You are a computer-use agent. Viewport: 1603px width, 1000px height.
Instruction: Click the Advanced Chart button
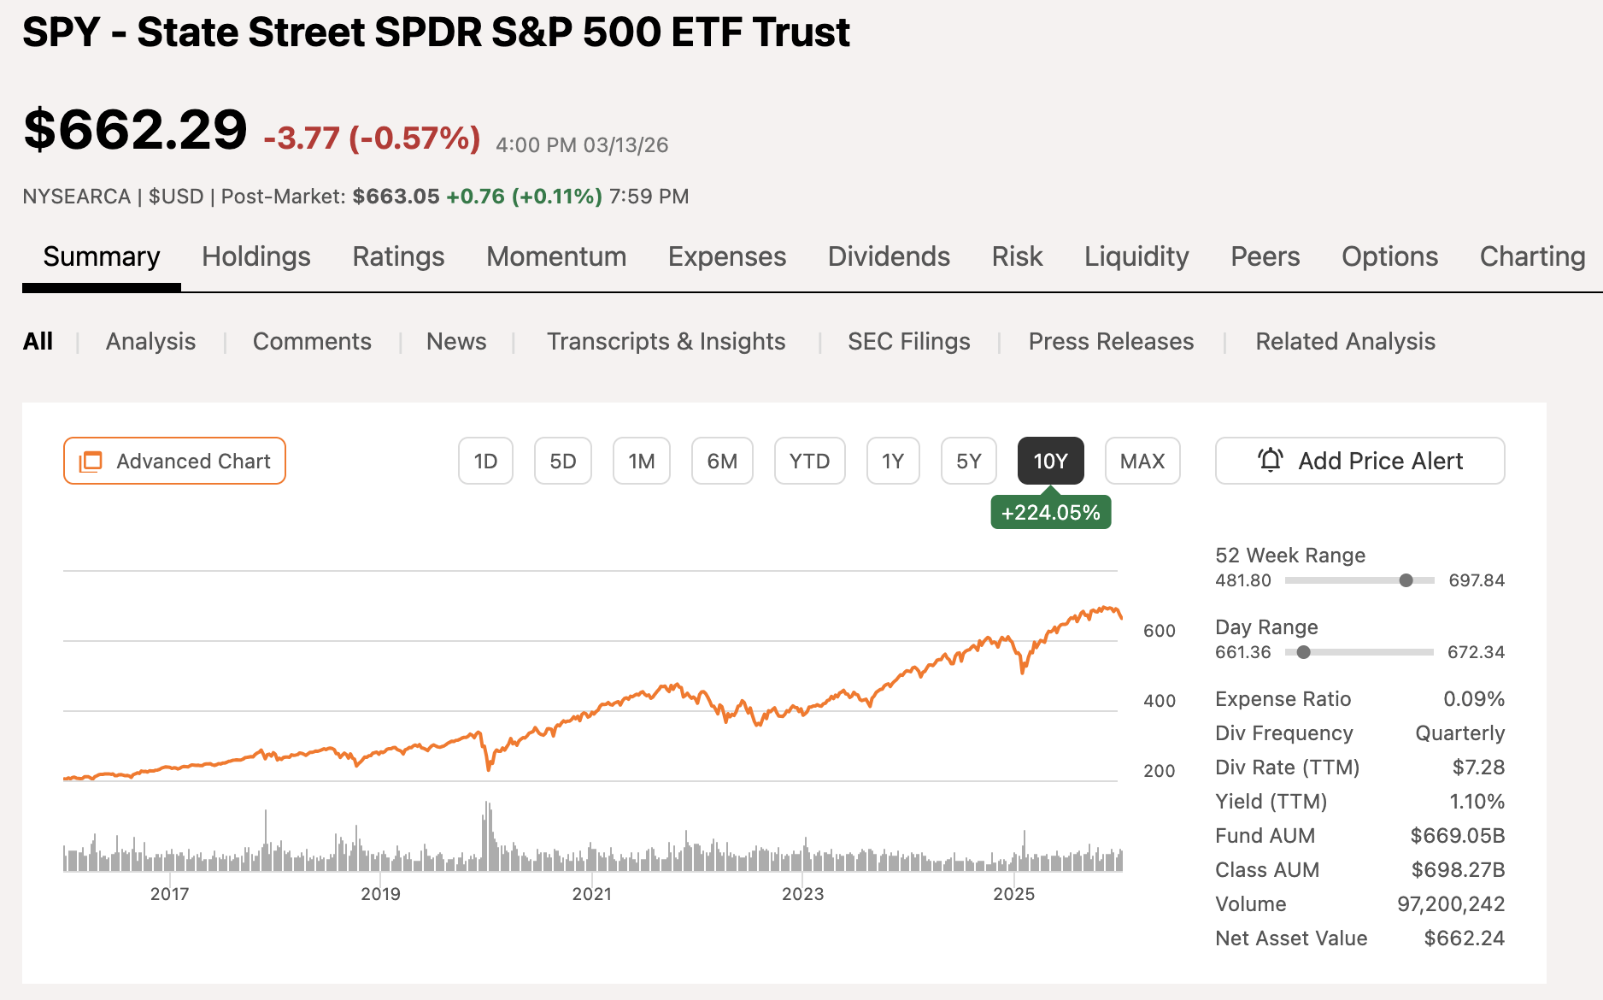click(174, 461)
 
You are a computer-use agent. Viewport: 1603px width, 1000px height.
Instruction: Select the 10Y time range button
click(1050, 461)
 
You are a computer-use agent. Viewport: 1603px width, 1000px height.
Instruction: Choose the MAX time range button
click(1142, 461)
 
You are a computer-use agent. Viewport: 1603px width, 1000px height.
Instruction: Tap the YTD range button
click(809, 461)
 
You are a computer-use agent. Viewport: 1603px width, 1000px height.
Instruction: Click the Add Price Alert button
click(1359, 461)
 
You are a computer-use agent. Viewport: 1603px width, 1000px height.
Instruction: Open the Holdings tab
click(255, 256)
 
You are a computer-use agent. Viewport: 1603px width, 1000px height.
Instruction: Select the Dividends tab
click(889, 256)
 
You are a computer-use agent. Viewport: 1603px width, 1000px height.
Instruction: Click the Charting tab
click(1532, 256)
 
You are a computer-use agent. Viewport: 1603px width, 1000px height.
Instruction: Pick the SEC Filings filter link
click(908, 341)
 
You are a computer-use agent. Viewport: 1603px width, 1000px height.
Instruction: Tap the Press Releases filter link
click(1111, 341)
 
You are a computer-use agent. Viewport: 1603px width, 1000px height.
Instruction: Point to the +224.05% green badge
click(1050, 513)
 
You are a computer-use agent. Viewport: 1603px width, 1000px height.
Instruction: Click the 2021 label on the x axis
click(591, 894)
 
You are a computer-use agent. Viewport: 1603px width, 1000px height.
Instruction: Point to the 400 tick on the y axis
click(1160, 701)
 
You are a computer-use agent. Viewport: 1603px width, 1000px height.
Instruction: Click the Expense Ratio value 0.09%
click(1473, 699)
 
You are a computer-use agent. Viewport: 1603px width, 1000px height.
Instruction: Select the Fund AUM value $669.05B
click(1457, 836)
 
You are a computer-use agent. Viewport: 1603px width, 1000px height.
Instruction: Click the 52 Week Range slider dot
click(1406, 580)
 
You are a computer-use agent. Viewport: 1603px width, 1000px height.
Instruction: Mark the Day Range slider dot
click(1303, 652)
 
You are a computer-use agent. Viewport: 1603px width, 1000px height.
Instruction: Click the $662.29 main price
click(135, 130)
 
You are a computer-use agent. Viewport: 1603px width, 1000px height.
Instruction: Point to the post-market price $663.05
click(396, 197)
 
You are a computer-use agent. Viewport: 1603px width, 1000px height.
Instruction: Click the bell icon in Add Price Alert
click(1271, 460)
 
